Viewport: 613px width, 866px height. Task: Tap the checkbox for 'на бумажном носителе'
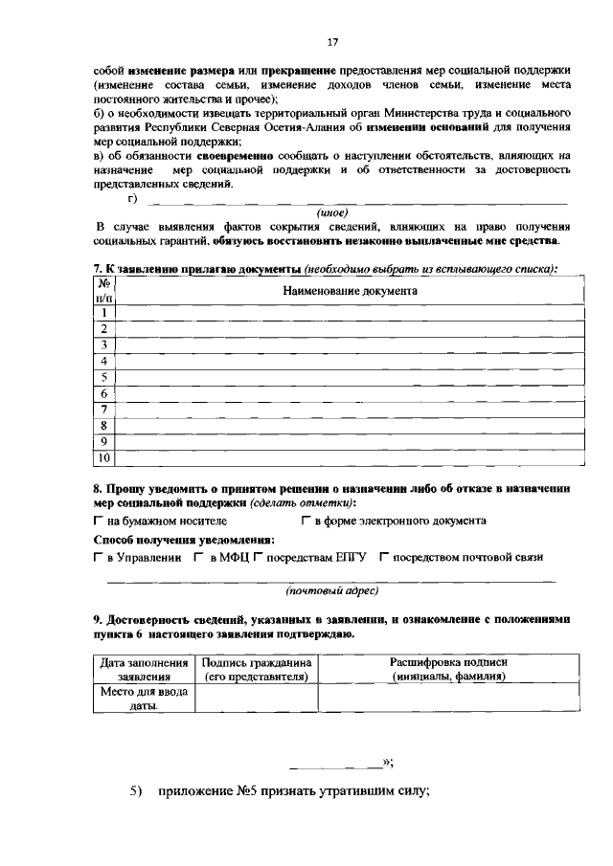pyautogui.click(x=99, y=522)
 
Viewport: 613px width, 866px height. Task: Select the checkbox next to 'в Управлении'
pyautogui.click(x=99, y=557)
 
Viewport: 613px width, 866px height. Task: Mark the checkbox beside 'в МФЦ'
pyautogui.click(x=198, y=557)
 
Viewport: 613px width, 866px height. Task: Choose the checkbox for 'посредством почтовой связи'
pyautogui.click(x=384, y=557)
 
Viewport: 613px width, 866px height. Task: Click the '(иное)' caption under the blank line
pyautogui.click(x=331, y=212)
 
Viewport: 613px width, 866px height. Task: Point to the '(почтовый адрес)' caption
pyautogui.click(x=332, y=590)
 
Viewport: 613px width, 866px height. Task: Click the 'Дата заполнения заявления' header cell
pyautogui.click(x=144, y=669)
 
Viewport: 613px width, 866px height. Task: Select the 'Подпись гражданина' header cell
pyautogui.click(x=255, y=669)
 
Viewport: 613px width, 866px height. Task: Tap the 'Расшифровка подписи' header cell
pyautogui.click(x=448, y=669)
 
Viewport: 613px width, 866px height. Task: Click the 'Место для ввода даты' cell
pyautogui.click(x=144, y=699)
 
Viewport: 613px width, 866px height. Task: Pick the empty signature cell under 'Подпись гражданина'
pyautogui.click(x=255, y=699)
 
